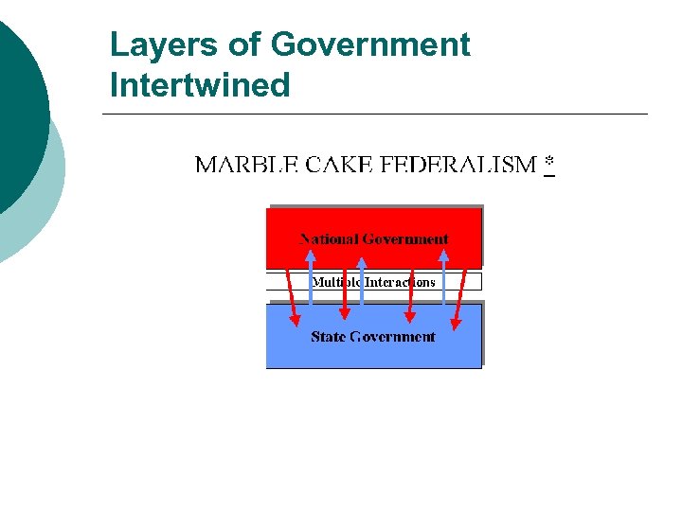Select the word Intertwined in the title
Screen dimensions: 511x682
200,85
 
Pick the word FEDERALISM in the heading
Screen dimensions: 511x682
458,166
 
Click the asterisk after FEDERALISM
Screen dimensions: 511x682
549,165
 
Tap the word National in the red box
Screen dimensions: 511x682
329,239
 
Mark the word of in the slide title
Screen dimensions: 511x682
250,44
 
